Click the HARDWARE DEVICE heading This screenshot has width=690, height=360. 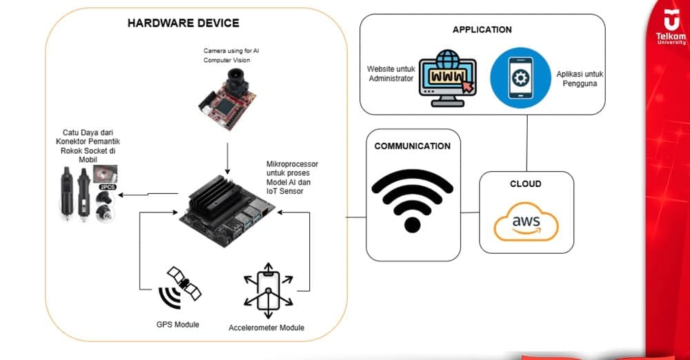pyautogui.click(x=184, y=23)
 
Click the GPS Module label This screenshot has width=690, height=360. pyautogui.click(x=177, y=323)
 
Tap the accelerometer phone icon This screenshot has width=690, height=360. pyautogui.click(x=268, y=289)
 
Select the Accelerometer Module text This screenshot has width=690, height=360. pyautogui.click(x=266, y=328)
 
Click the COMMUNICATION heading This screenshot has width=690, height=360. pyautogui.click(x=412, y=146)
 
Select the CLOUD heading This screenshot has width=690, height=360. pyautogui.click(x=526, y=184)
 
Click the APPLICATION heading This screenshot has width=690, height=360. pyautogui.click(x=482, y=30)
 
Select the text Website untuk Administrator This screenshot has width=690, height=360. pyautogui.click(x=391, y=73)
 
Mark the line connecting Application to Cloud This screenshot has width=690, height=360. pyautogui.click(x=528, y=142)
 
